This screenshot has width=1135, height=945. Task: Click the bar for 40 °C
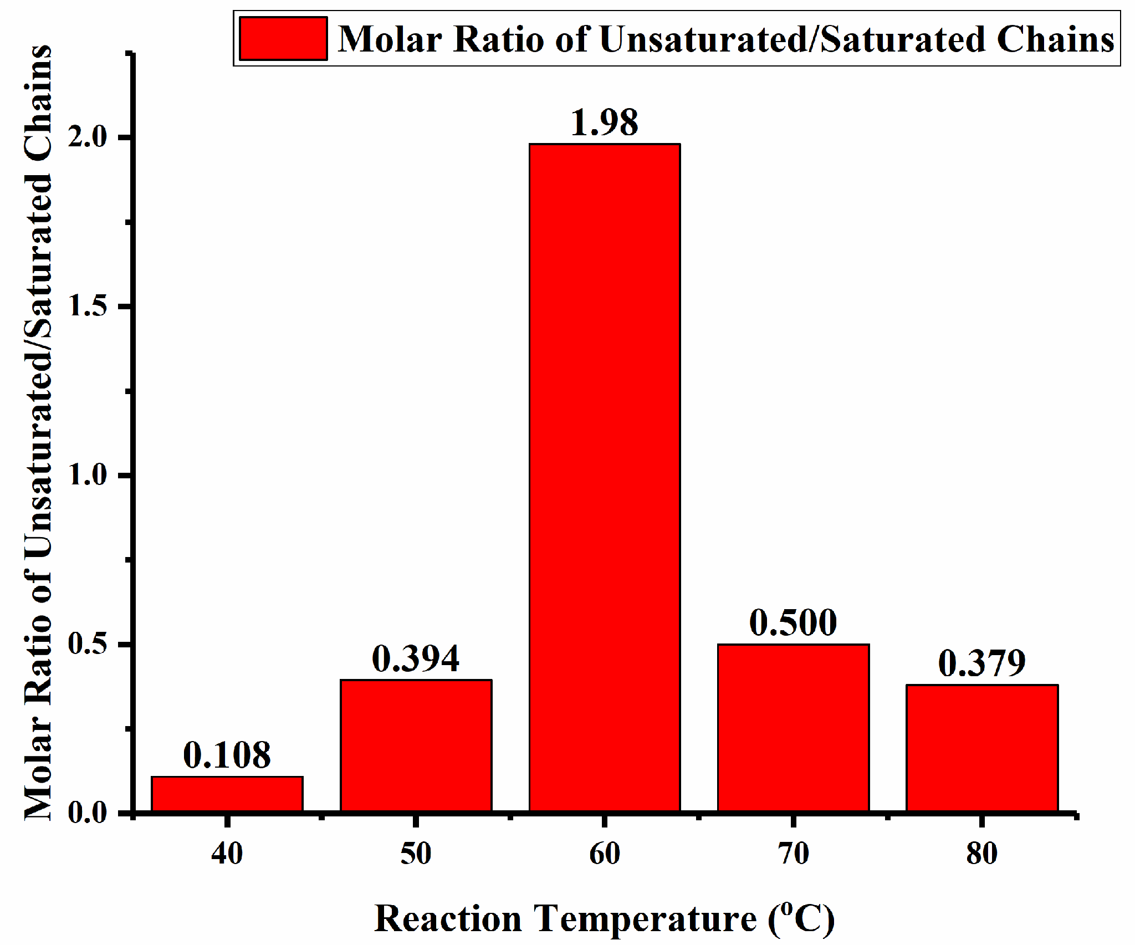point(227,794)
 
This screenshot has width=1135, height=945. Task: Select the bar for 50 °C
point(416,745)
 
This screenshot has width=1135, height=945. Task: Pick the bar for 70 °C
point(793,728)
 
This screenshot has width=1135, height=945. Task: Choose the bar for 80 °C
point(982,748)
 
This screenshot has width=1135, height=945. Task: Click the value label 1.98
point(605,122)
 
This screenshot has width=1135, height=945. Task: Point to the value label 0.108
point(227,755)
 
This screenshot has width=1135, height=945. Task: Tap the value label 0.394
point(416,658)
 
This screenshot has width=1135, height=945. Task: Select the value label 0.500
point(793,622)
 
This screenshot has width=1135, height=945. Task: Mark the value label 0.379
point(982,663)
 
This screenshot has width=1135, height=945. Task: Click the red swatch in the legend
point(283,39)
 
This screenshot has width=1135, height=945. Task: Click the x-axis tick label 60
point(605,854)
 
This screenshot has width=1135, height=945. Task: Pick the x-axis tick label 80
point(982,854)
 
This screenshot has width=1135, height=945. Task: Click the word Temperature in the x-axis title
point(646,919)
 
